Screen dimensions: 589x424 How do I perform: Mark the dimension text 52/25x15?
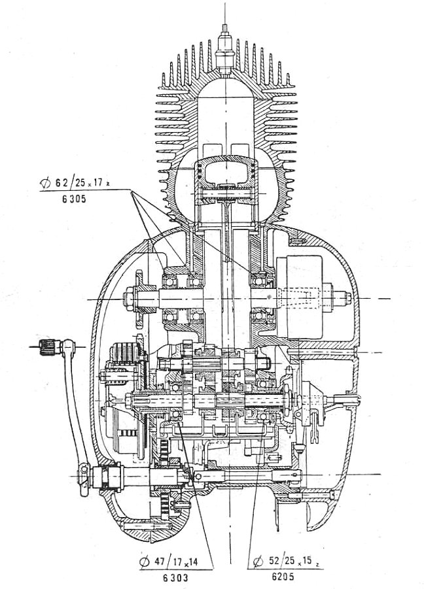[281, 561]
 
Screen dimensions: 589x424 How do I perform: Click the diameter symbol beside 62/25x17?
[44, 184]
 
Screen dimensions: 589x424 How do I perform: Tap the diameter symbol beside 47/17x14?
[145, 561]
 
